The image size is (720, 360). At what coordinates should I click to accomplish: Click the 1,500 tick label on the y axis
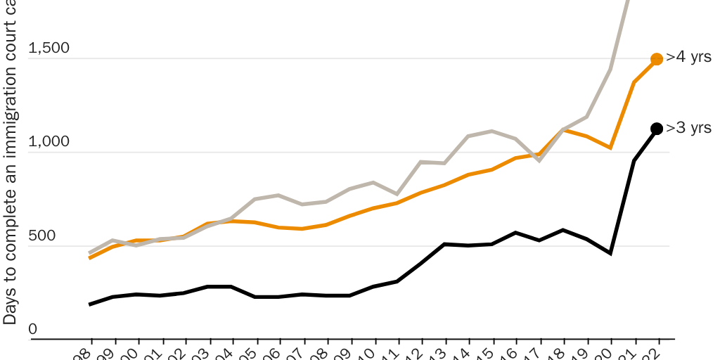point(49,49)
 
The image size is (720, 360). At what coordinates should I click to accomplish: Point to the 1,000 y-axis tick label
point(49,142)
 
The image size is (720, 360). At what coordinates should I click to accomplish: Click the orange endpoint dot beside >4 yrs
point(657,59)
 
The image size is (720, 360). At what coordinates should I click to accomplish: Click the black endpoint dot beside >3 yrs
point(657,129)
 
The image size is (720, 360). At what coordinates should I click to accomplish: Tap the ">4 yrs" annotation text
point(689,58)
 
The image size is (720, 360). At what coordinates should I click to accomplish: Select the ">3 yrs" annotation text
point(689,128)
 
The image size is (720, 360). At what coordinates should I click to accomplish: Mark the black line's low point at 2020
point(610,253)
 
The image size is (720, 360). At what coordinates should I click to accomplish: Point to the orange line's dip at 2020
point(610,148)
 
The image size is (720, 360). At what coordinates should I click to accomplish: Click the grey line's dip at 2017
point(539,161)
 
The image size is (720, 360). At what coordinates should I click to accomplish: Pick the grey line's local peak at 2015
point(491,131)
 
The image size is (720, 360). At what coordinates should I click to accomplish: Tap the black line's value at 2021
point(634,161)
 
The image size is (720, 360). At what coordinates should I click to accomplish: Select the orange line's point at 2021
point(634,82)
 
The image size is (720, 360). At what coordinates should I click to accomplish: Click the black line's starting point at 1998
point(90,304)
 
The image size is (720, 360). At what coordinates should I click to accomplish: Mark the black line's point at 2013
point(444,244)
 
